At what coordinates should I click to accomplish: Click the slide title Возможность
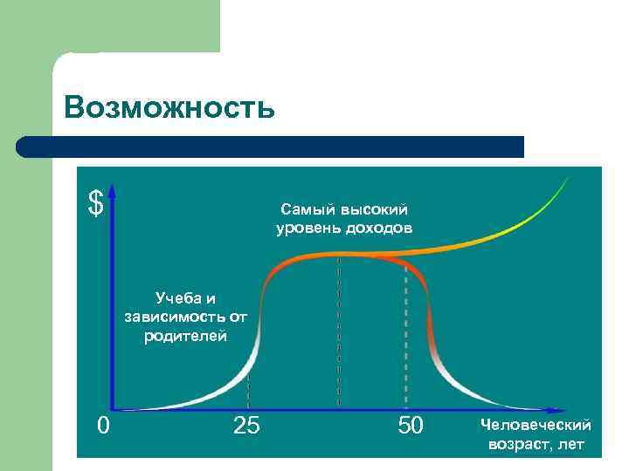(169, 107)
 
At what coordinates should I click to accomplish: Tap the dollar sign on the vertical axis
(95, 202)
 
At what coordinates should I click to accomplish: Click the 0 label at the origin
(103, 426)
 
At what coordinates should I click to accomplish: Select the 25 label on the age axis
(247, 426)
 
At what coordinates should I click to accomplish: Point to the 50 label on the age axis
(410, 426)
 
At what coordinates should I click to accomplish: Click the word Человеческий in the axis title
(536, 425)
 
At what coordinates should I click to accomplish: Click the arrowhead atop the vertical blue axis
(113, 190)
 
